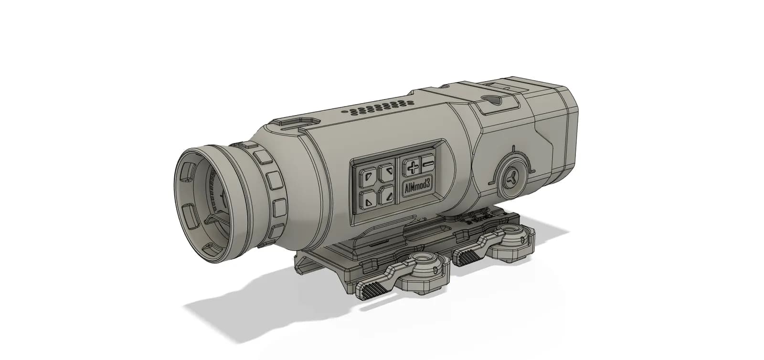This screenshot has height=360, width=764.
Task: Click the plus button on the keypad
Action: point(412,167)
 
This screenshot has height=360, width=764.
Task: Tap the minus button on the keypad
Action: point(428,164)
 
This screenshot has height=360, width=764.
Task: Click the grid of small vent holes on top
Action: point(377,108)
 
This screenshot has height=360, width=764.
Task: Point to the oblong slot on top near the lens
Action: point(292,123)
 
